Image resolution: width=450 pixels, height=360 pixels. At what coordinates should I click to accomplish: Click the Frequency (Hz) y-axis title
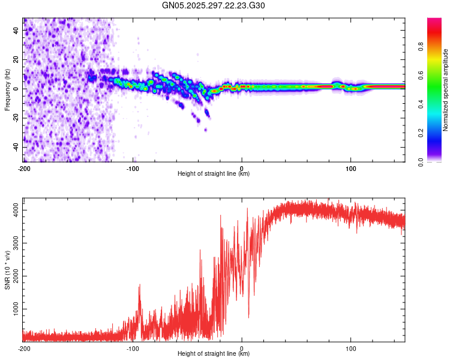pos(7,90)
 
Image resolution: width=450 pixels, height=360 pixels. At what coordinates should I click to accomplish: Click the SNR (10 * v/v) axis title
pos(7,270)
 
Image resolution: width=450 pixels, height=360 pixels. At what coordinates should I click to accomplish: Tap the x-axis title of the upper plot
pos(214,174)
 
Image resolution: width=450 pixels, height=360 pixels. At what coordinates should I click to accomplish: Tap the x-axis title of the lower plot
pos(214,354)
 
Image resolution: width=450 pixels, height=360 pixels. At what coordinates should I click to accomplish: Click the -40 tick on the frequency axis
pos(16,148)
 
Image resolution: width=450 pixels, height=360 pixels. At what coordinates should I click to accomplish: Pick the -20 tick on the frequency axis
pos(16,118)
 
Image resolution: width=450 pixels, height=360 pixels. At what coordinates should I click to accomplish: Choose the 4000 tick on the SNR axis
pos(13,210)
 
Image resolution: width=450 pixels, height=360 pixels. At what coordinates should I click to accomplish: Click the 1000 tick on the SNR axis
pos(13,309)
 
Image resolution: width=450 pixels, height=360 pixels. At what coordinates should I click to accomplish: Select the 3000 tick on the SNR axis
pos(13,243)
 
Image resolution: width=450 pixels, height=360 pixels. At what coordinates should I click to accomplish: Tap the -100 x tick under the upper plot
pos(133,168)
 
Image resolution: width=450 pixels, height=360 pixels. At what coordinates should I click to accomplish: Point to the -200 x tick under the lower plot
pos(24,348)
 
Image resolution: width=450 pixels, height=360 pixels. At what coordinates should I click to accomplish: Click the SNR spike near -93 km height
pos(140,286)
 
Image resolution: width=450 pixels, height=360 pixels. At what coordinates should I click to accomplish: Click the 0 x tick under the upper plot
pos(242,168)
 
